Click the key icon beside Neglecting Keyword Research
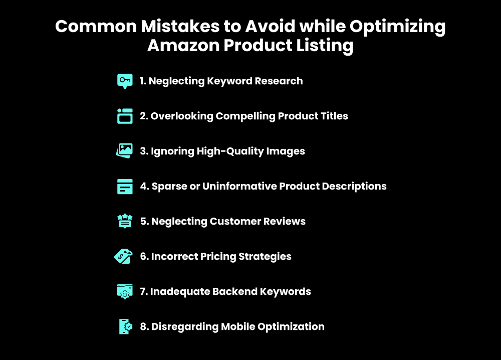(125, 81)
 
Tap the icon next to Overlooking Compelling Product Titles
(125, 116)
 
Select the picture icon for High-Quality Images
(125, 151)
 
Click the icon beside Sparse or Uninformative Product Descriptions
(125, 186)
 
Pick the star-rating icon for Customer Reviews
(125, 221)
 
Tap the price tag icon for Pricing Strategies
(124, 256)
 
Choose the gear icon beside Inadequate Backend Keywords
(125, 291)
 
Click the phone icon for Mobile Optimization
(125, 326)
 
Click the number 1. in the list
(143, 81)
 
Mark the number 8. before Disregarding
(144, 326)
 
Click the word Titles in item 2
(334, 116)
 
